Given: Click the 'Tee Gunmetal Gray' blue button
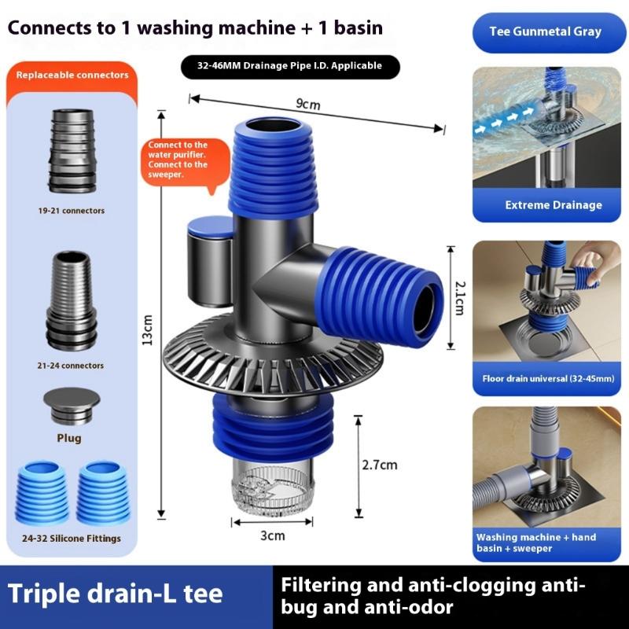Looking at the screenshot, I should pyautogui.click(x=550, y=32).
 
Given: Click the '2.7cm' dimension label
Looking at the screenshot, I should pyautogui.click(x=379, y=465).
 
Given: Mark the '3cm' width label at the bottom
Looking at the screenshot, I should pyautogui.click(x=272, y=536).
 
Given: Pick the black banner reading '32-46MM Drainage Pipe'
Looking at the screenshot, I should pyautogui.click(x=289, y=66).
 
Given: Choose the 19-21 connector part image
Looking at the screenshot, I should pyautogui.click(x=72, y=152).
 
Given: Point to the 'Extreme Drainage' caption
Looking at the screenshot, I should pyautogui.click(x=553, y=205).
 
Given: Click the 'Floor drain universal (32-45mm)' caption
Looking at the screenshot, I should pyautogui.click(x=548, y=378).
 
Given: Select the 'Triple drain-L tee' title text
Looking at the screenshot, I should pyautogui.click(x=115, y=595).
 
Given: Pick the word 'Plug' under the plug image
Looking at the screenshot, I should pyautogui.click(x=68, y=438).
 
